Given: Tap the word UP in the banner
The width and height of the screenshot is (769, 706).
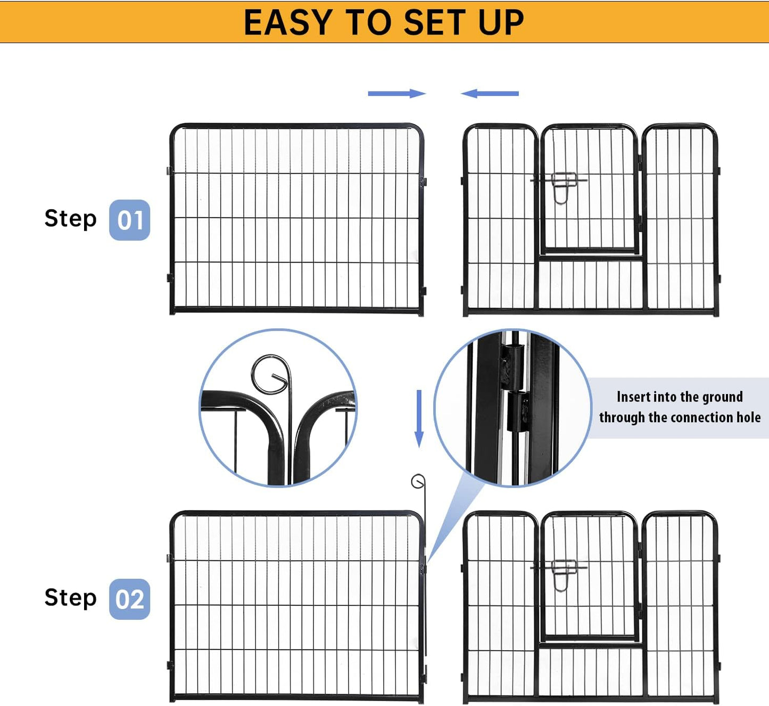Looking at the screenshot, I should (500, 22).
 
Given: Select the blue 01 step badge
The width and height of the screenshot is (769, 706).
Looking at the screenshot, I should (129, 220).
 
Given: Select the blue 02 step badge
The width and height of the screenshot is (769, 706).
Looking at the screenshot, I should (129, 599).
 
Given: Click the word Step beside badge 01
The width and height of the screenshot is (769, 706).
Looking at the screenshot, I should (70, 218).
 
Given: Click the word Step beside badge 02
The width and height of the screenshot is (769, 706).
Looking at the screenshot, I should (70, 597).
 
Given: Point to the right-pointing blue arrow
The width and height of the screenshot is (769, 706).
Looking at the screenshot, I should (396, 94).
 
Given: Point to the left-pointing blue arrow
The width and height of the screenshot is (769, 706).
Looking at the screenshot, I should (490, 94).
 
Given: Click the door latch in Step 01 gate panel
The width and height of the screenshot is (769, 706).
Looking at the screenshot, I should (563, 186).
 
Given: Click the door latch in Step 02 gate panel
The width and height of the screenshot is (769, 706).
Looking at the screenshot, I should (563, 573).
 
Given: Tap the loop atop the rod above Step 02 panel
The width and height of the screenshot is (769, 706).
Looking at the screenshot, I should (418, 482).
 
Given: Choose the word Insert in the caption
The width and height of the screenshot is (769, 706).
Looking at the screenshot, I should (633, 397).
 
